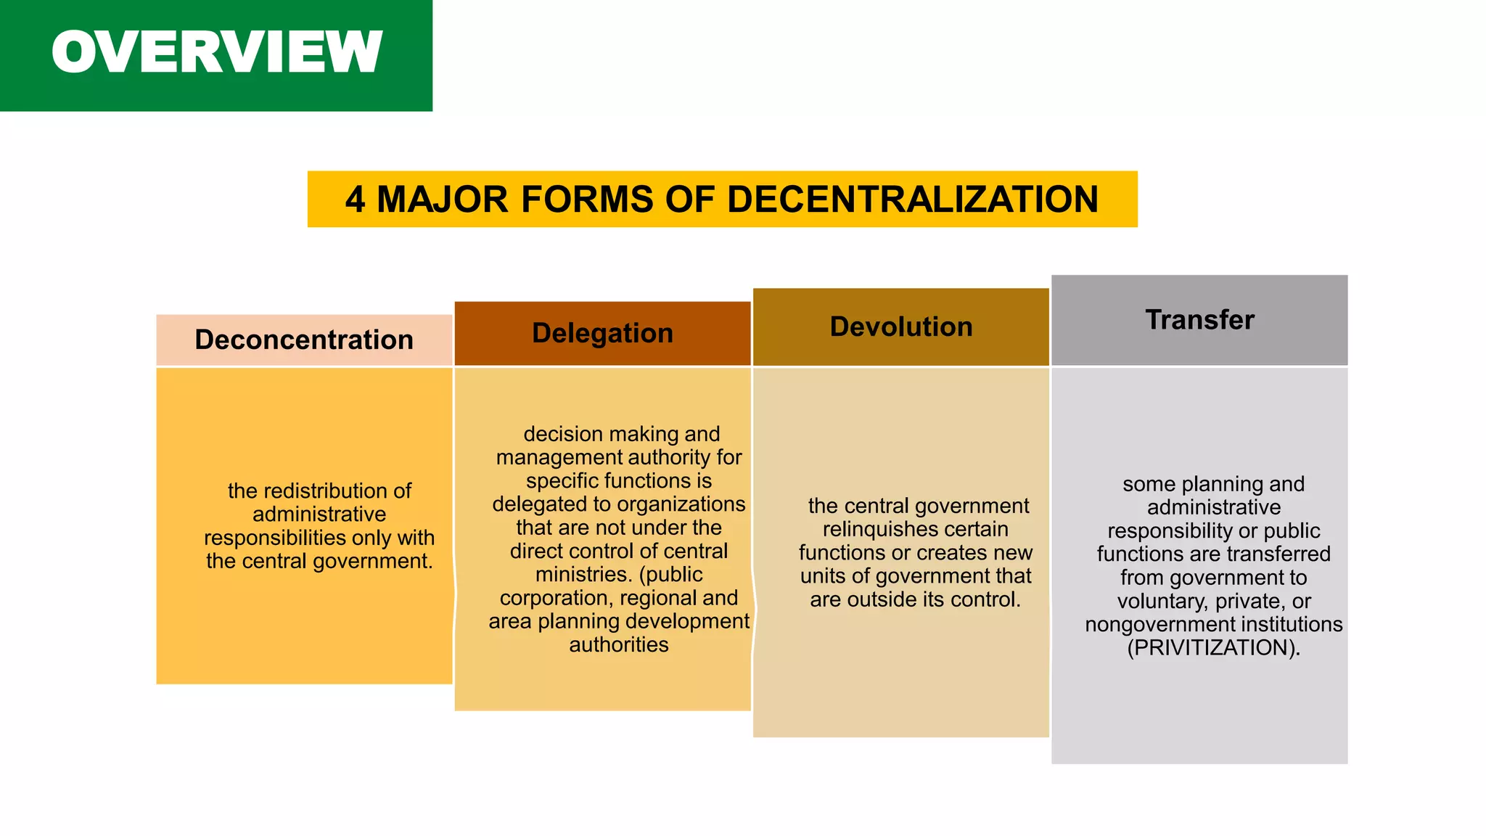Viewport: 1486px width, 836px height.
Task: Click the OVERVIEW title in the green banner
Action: (216, 52)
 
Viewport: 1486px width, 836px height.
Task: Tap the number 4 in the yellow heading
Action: (354, 200)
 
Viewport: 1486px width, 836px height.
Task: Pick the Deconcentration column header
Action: (304, 340)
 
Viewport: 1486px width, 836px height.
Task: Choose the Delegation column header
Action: (602, 333)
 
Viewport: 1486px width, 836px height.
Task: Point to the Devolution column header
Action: (900, 327)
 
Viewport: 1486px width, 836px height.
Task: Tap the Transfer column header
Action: (1199, 320)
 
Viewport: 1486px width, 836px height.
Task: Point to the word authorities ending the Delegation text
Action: (619, 644)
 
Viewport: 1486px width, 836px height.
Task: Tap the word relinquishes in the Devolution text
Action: (879, 529)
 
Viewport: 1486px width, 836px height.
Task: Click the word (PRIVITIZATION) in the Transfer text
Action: (1213, 647)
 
